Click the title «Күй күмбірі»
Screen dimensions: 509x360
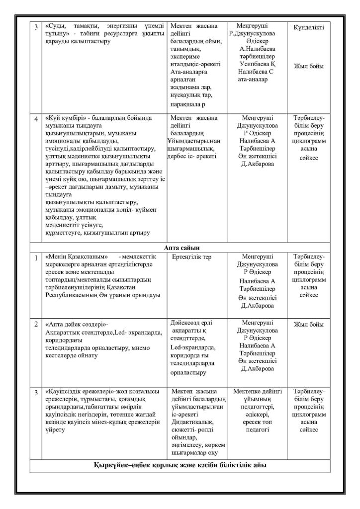tap(63, 118)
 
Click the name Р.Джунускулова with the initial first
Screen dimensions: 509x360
tap(258, 34)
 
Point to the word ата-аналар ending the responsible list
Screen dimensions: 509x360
tap(255, 79)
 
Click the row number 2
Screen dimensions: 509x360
tap(36, 325)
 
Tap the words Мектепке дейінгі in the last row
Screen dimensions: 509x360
tap(257, 392)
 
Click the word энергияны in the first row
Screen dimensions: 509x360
tap(117, 26)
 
